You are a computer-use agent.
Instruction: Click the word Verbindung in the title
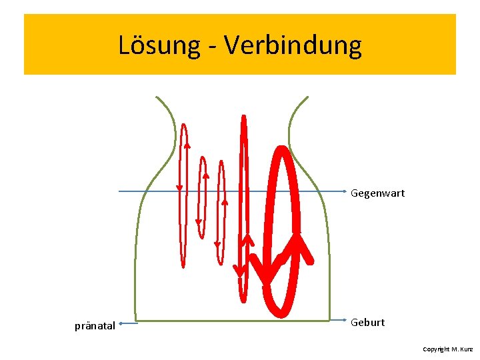coord(293,46)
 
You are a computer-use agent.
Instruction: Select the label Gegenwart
coord(377,193)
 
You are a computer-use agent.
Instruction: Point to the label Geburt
coord(367,323)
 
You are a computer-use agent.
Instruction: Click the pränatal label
coord(95,326)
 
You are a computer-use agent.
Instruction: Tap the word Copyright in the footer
coord(436,349)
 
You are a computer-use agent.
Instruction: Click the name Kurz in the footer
coord(467,349)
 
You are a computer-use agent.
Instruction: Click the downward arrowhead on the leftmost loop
coord(179,187)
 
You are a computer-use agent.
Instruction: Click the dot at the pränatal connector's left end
coord(121,325)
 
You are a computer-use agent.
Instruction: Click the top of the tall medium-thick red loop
coord(243,119)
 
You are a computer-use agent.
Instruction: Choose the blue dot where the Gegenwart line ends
coord(344,191)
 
